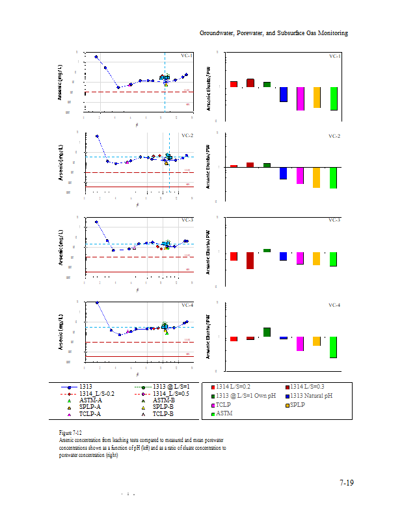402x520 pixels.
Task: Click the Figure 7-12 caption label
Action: coord(70,432)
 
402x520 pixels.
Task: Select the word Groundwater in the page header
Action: coord(217,32)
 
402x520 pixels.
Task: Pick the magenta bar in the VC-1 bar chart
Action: coord(300,98)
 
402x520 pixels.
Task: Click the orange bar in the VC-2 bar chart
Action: coord(317,177)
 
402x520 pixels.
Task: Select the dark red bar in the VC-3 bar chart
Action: coord(250,261)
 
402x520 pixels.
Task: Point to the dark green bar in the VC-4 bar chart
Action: coord(267,332)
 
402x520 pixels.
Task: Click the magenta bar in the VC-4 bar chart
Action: coord(300,344)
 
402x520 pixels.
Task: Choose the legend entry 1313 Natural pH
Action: coord(311,396)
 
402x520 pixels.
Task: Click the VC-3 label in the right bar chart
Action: coord(335,220)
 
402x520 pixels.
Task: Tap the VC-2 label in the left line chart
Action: coord(187,135)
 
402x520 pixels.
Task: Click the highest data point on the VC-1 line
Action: coord(96,57)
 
